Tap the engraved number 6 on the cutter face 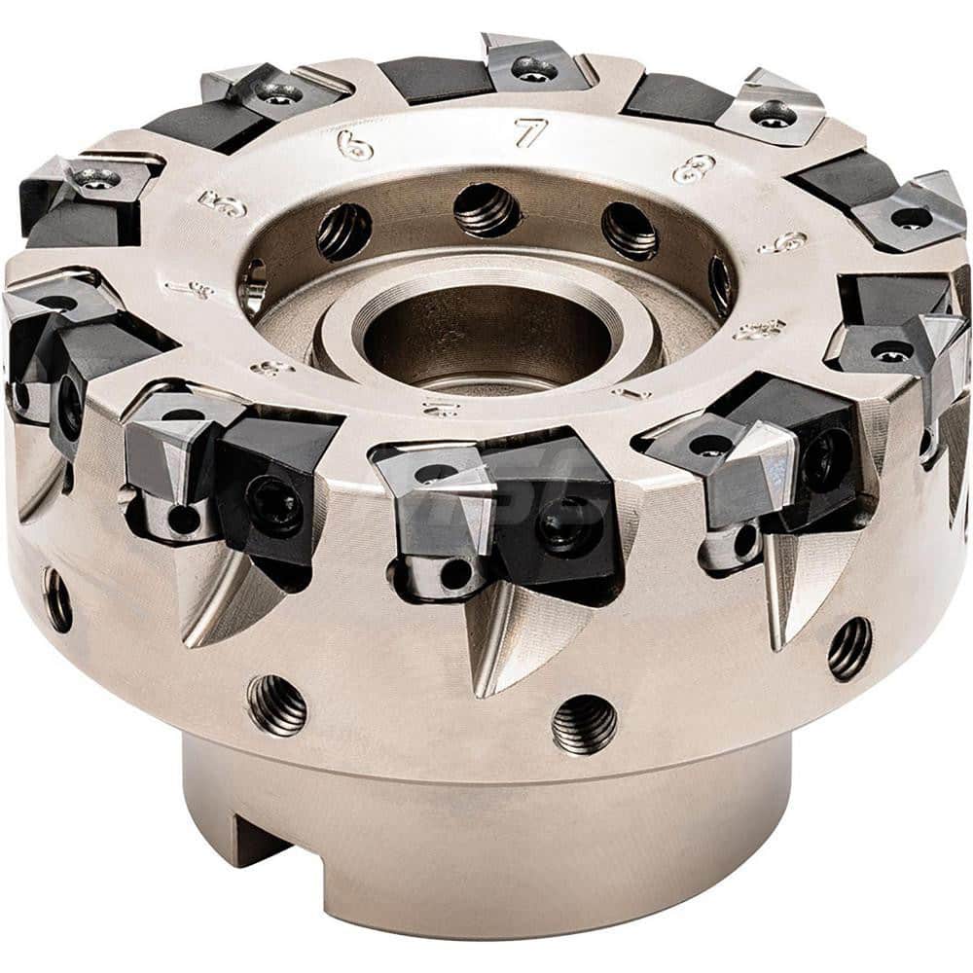(x=355, y=145)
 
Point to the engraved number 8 (x=693, y=167)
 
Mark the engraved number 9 (x=784, y=242)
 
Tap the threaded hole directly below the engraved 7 (x=485, y=209)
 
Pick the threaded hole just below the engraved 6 (x=344, y=232)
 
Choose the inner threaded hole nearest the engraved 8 (x=629, y=230)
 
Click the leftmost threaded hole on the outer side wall (x=57, y=599)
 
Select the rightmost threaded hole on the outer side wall (x=849, y=648)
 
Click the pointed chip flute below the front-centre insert (x=496, y=642)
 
